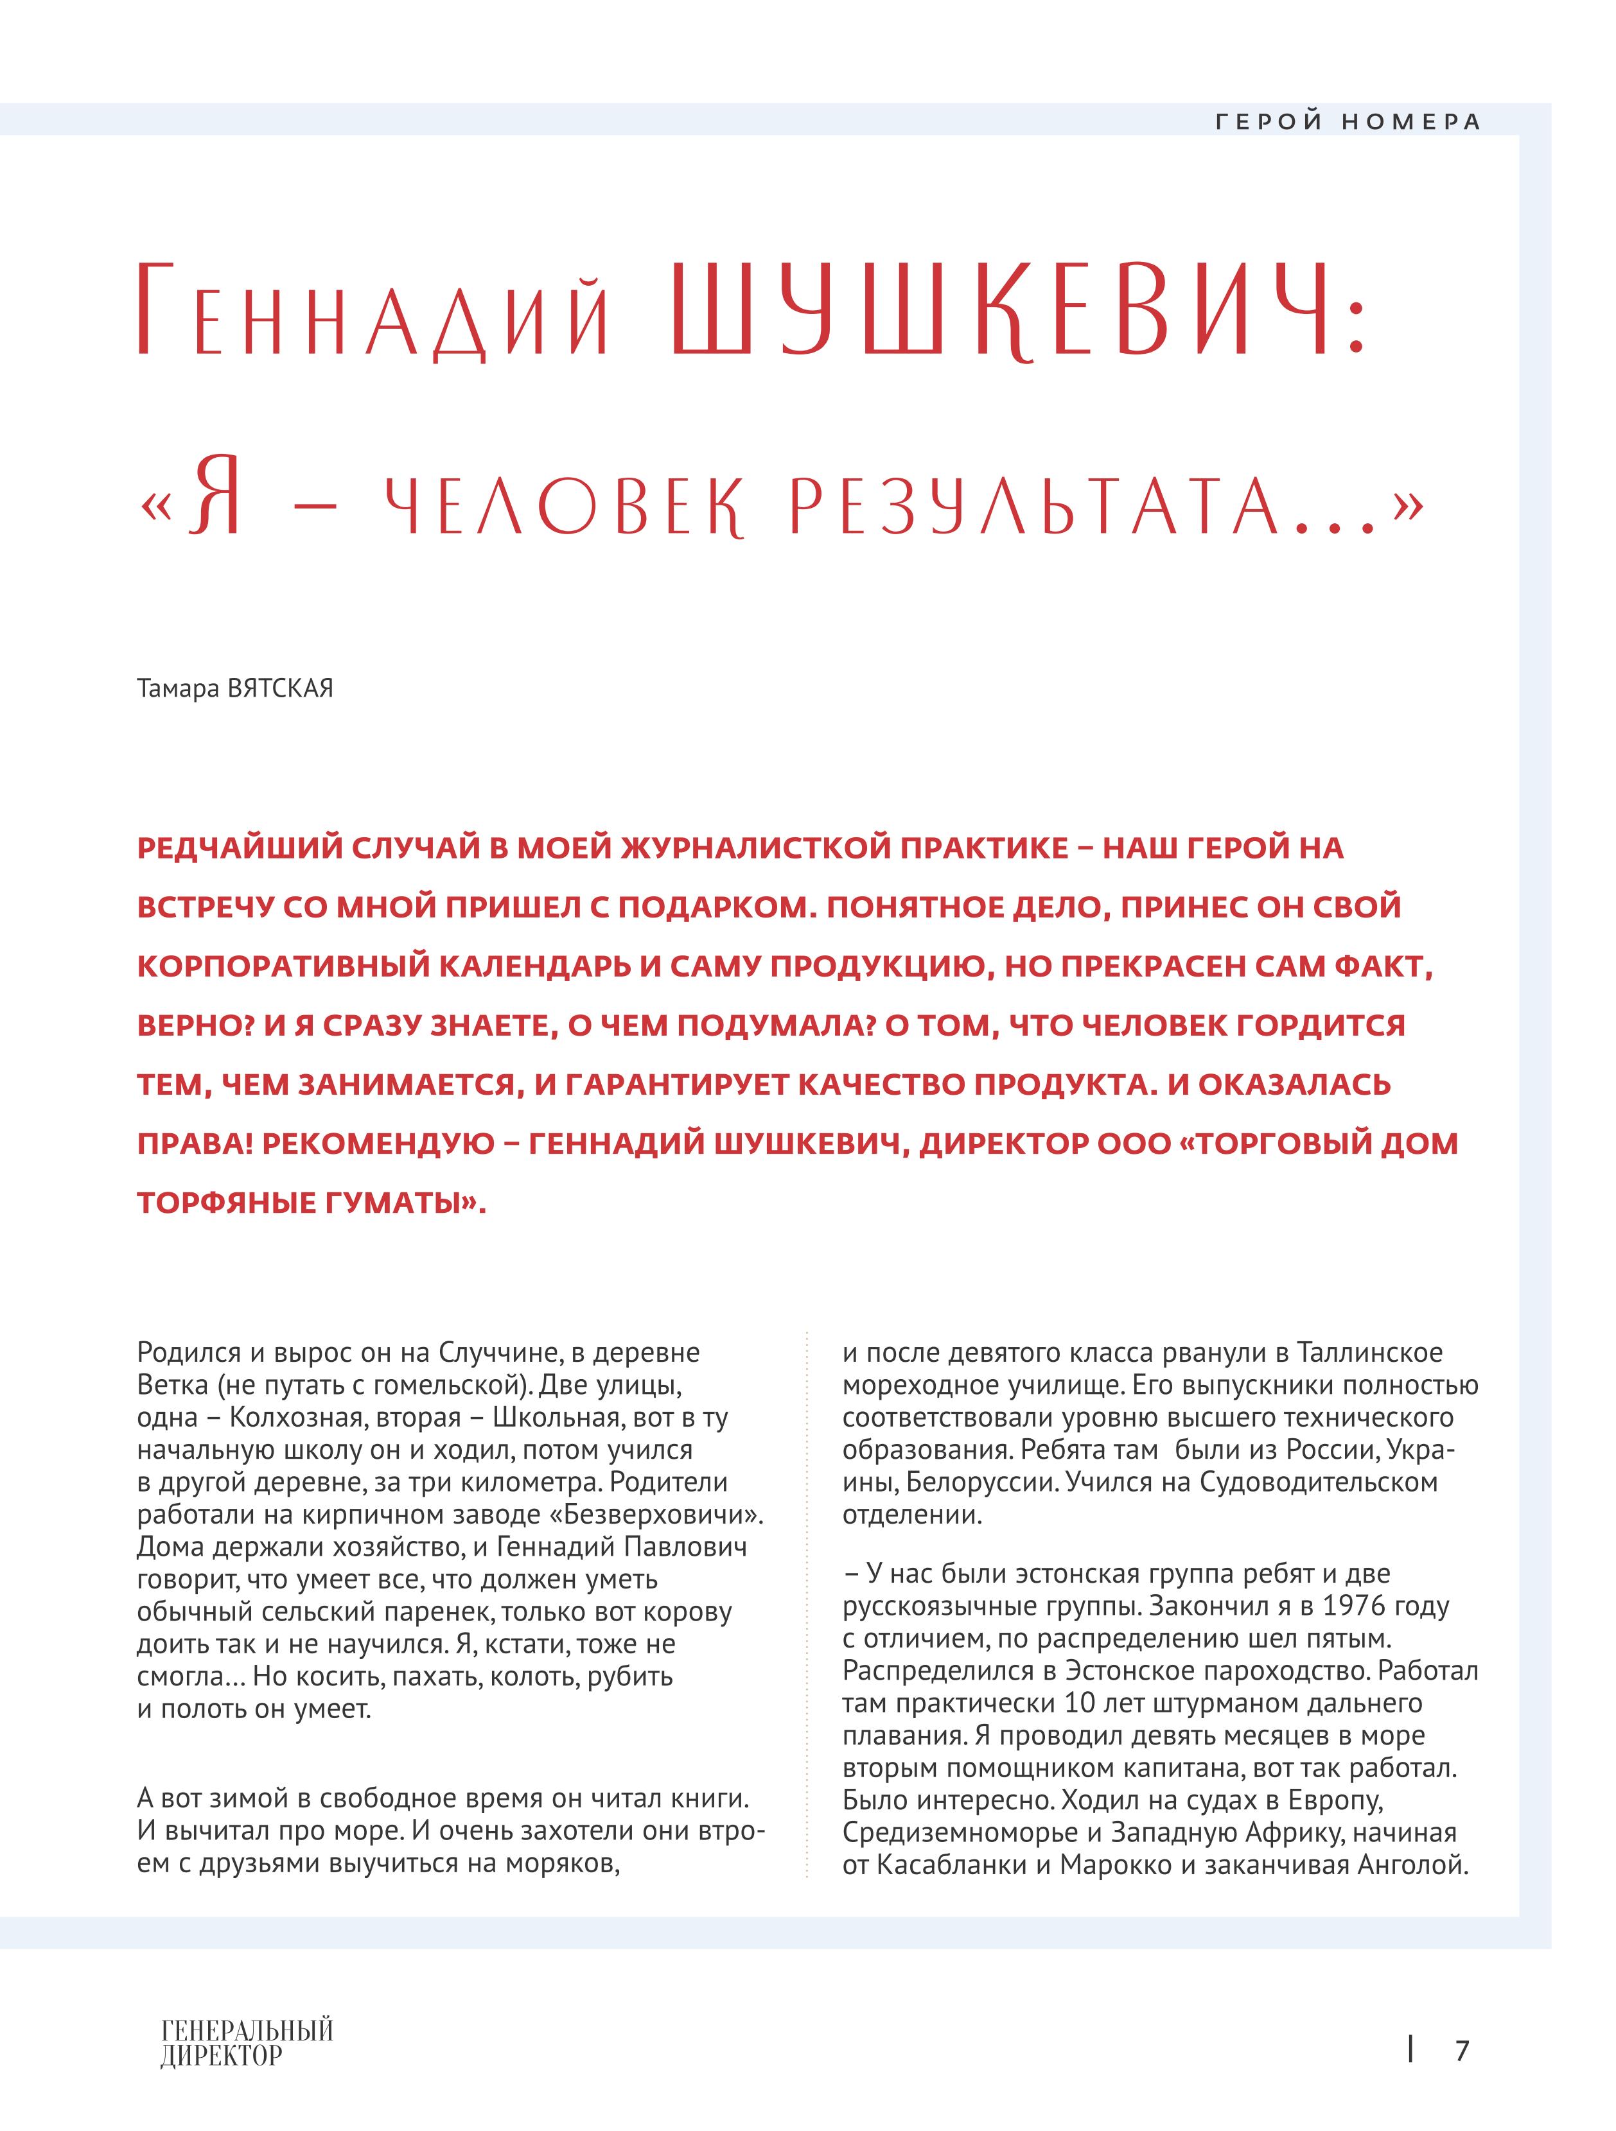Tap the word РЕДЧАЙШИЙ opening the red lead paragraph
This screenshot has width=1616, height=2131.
click(241, 849)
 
